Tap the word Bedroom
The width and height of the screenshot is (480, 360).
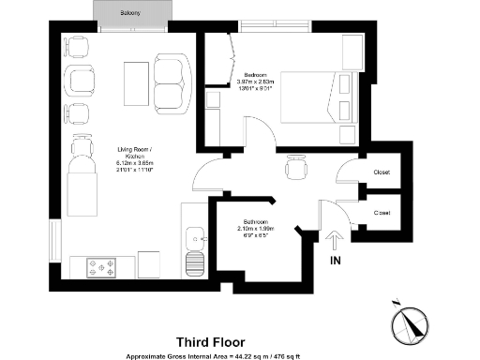pos(257,74)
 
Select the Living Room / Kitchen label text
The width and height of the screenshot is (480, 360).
pos(131,152)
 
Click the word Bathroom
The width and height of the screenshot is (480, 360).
pos(253,220)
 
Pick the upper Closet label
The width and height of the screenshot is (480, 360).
pos(382,173)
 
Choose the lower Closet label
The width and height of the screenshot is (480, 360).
pos(382,214)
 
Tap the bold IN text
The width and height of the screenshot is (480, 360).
pos(335,262)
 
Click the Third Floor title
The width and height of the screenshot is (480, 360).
pos(211,343)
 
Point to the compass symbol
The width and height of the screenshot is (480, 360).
pos(409,323)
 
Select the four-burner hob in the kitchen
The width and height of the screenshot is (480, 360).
pos(100,266)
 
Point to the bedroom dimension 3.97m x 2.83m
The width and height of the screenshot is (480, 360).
pos(257,82)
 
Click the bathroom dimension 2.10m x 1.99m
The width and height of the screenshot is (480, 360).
pos(253,229)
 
